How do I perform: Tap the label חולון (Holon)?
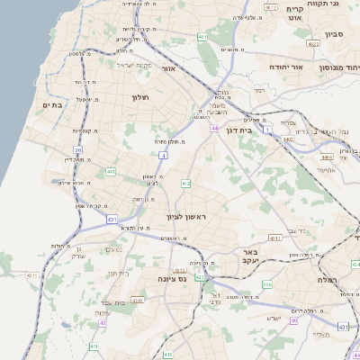139,96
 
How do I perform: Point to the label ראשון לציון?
187,218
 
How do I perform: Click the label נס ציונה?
168,279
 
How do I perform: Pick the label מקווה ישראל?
137,65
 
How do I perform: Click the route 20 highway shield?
78,150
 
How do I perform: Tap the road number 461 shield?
203,37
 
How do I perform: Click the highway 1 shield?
266,129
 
